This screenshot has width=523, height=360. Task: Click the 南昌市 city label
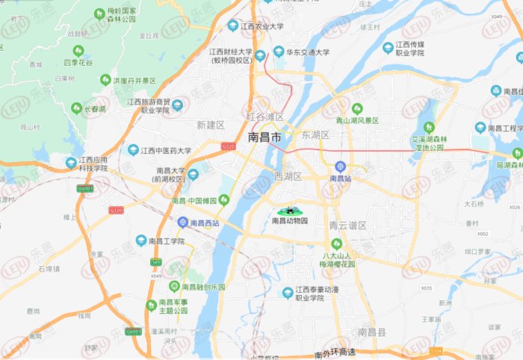click(x=264, y=139)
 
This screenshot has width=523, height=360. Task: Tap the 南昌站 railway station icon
click(x=340, y=166)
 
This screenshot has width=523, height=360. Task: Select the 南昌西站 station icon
click(x=182, y=223)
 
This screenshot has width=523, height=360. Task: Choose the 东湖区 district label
click(x=315, y=135)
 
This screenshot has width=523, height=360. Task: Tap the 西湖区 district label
click(x=288, y=177)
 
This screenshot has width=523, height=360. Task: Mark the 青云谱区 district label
click(x=347, y=226)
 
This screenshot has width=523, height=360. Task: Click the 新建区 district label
click(x=210, y=125)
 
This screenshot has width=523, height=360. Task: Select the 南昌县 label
click(x=371, y=332)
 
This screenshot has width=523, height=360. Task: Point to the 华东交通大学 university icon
click(x=279, y=52)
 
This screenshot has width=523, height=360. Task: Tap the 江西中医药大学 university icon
click(x=133, y=150)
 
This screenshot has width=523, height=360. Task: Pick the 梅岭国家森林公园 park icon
click(x=99, y=13)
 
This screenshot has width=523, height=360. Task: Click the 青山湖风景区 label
click(x=356, y=120)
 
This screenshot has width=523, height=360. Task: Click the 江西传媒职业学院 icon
click(x=388, y=48)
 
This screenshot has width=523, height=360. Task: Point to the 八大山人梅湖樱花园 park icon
click(x=336, y=243)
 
